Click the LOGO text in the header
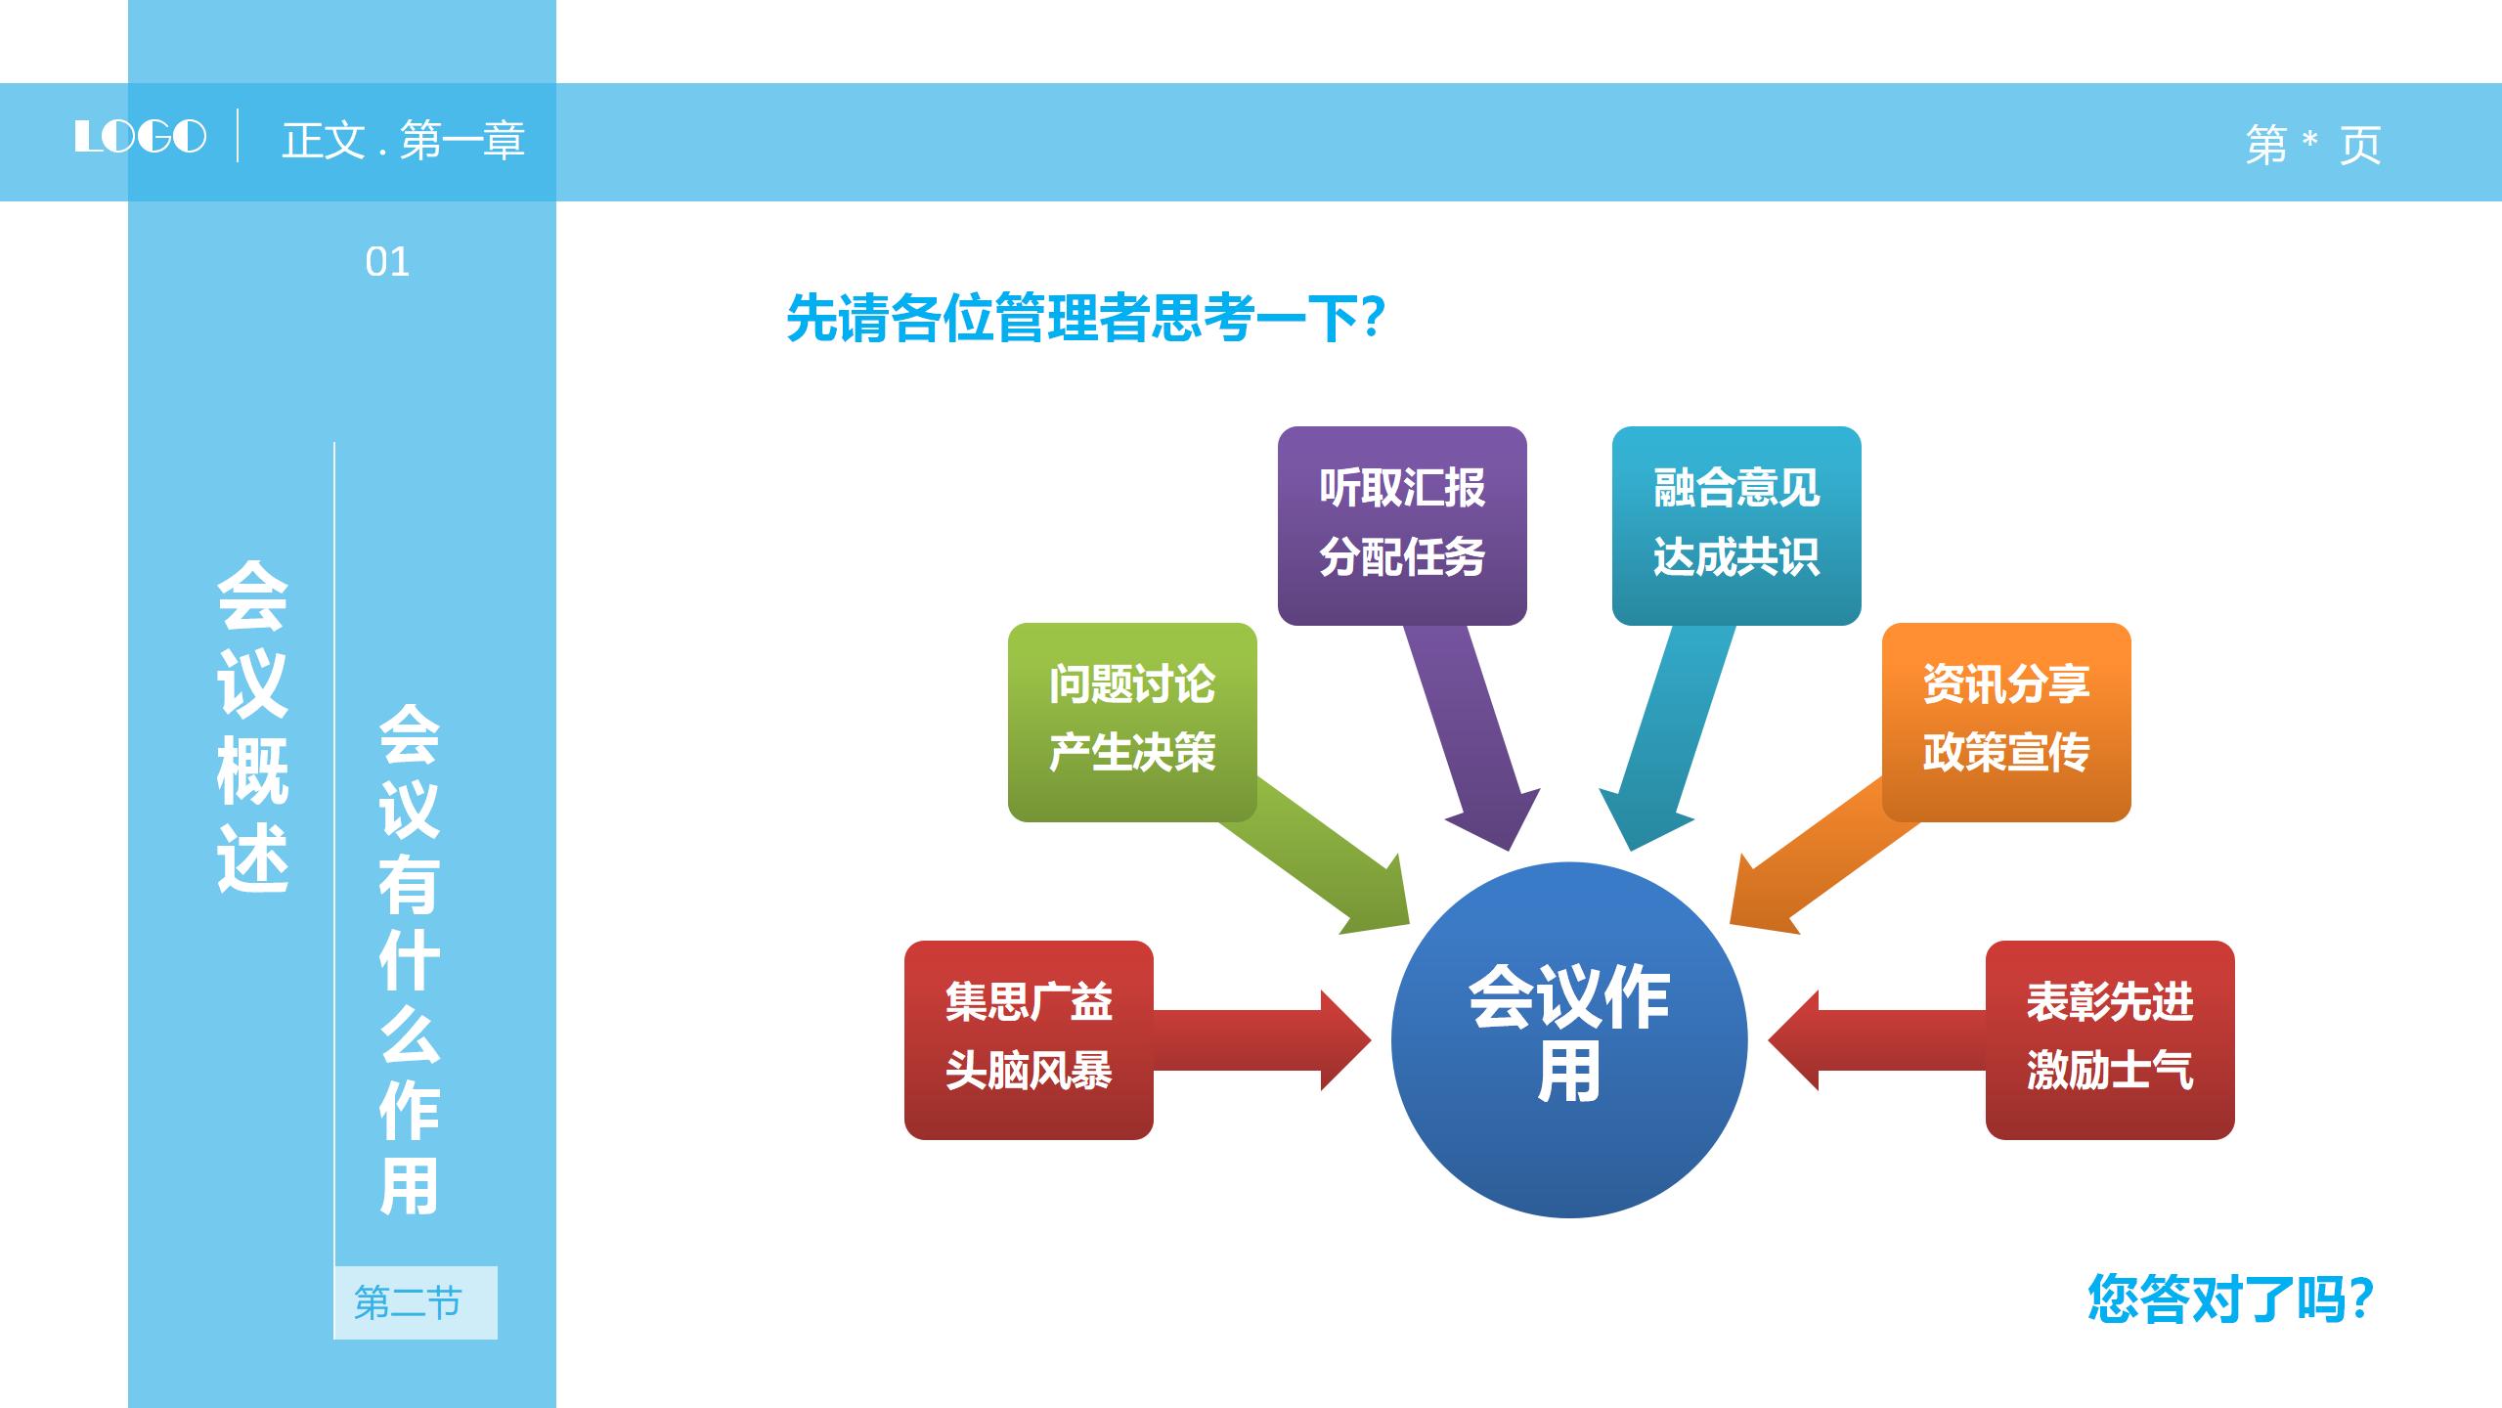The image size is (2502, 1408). [141, 137]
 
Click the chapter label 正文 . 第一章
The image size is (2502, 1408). [403, 141]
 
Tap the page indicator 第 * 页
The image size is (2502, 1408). [2312, 145]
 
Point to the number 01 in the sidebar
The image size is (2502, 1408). [387, 262]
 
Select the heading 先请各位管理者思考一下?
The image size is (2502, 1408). [1085, 318]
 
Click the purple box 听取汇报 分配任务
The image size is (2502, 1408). [1401, 524]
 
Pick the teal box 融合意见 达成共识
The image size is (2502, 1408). [1735, 524]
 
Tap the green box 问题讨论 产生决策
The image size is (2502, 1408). [1131, 721]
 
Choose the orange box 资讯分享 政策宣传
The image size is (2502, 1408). [2005, 721]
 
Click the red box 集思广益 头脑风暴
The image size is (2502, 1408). [1028, 1038]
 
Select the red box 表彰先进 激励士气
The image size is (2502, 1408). [2109, 1038]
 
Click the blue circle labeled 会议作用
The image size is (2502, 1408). [1568, 1038]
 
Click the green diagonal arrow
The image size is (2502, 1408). [1320, 860]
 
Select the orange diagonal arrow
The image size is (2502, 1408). [1819, 860]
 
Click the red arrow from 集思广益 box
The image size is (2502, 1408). [1261, 1039]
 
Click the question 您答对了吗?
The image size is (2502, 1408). [2230, 1298]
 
